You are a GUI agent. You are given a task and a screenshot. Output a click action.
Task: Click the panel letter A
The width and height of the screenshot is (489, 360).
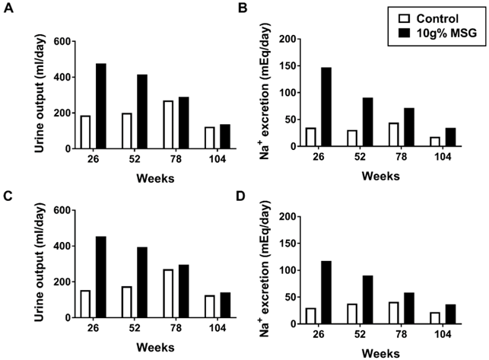click(x=9, y=10)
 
